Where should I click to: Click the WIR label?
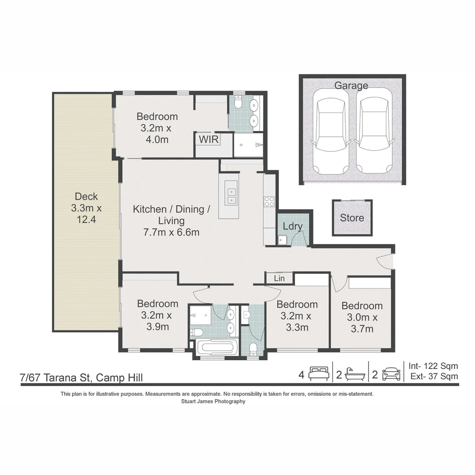pyautogui.click(x=209, y=140)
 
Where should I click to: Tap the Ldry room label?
pyautogui.click(x=293, y=227)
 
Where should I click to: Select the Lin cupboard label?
pyautogui.click(x=279, y=278)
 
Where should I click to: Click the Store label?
pyautogui.click(x=352, y=218)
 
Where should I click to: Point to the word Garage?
pyautogui.click(x=351, y=86)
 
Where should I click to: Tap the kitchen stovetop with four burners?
pyautogui.click(x=269, y=202)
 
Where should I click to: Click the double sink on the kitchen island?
pyautogui.click(x=232, y=196)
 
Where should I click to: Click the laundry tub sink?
pyautogui.click(x=282, y=240)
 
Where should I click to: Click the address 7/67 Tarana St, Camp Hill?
pyautogui.click(x=81, y=378)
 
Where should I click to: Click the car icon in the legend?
pyautogui.click(x=391, y=374)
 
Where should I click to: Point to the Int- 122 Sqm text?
pyautogui.click(x=433, y=366)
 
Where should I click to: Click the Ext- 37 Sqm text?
pyautogui.click(x=434, y=376)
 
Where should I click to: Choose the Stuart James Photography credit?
pyautogui.click(x=213, y=402)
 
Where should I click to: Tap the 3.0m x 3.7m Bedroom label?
pyautogui.click(x=362, y=317)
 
